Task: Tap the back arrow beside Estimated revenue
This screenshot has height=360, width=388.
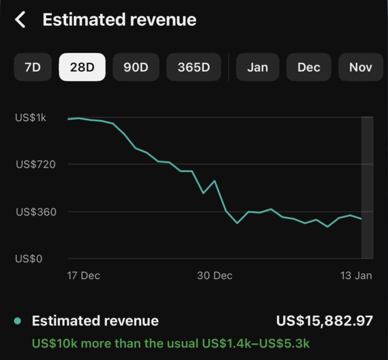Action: [x=20, y=20]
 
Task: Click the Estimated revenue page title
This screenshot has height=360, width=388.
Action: [x=119, y=20]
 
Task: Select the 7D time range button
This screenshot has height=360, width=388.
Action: [x=32, y=67]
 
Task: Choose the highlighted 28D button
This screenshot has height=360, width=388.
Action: [x=82, y=67]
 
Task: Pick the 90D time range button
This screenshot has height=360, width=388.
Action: [x=136, y=67]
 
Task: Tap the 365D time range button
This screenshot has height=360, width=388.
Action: [x=193, y=67]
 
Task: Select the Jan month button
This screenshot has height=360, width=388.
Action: [x=257, y=67]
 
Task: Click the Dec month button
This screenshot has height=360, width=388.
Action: [x=309, y=67]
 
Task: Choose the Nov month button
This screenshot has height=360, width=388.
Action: [x=361, y=67]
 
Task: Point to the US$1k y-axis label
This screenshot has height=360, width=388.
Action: [x=31, y=117]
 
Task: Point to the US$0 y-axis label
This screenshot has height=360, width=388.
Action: [x=29, y=259]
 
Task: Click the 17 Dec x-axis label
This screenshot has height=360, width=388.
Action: [x=84, y=275]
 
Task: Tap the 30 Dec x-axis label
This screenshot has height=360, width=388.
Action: [x=214, y=275]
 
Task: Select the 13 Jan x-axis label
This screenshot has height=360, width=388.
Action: [x=356, y=275]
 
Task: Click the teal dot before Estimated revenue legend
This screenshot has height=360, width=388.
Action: [x=18, y=321]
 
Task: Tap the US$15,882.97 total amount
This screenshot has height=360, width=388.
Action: [x=324, y=321]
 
